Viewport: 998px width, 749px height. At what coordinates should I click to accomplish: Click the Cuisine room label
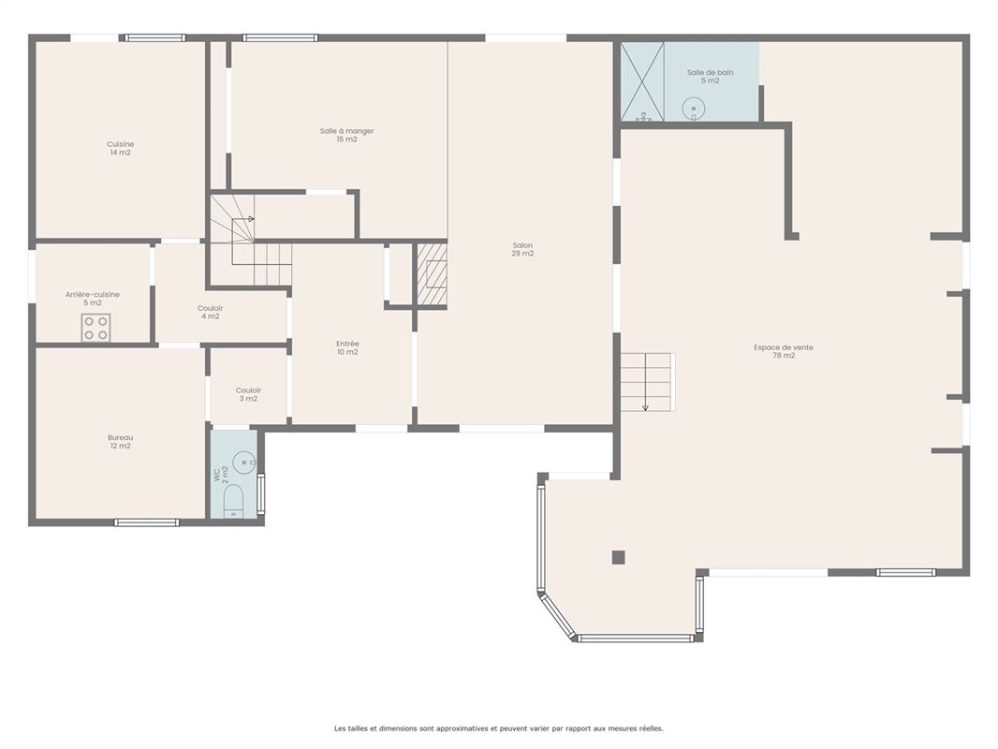click(120, 148)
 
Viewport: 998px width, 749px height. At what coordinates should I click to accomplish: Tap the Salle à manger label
click(347, 135)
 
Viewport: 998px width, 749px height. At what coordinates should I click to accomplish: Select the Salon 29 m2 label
click(522, 249)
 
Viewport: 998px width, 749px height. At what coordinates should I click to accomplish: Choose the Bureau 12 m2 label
click(120, 442)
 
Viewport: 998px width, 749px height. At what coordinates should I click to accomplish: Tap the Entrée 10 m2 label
click(347, 347)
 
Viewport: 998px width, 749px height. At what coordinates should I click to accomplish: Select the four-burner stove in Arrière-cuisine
click(95, 328)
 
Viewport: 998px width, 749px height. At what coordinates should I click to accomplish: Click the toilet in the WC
click(234, 501)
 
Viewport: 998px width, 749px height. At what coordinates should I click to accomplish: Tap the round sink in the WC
click(243, 463)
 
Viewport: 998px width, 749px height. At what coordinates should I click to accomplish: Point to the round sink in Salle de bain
click(693, 109)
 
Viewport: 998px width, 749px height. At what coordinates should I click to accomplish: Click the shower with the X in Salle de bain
click(642, 81)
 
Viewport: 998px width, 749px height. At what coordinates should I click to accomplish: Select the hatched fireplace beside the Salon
click(433, 275)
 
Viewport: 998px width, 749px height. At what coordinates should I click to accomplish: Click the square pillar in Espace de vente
click(619, 557)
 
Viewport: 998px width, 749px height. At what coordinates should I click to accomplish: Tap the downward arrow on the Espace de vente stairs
click(645, 382)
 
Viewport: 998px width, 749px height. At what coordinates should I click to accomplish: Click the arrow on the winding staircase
click(243, 219)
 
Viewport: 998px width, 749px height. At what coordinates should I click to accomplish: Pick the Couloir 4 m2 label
click(210, 312)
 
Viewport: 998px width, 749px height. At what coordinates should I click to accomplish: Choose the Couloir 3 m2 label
click(248, 394)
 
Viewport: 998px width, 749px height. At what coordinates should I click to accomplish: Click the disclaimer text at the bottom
click(499, 728)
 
